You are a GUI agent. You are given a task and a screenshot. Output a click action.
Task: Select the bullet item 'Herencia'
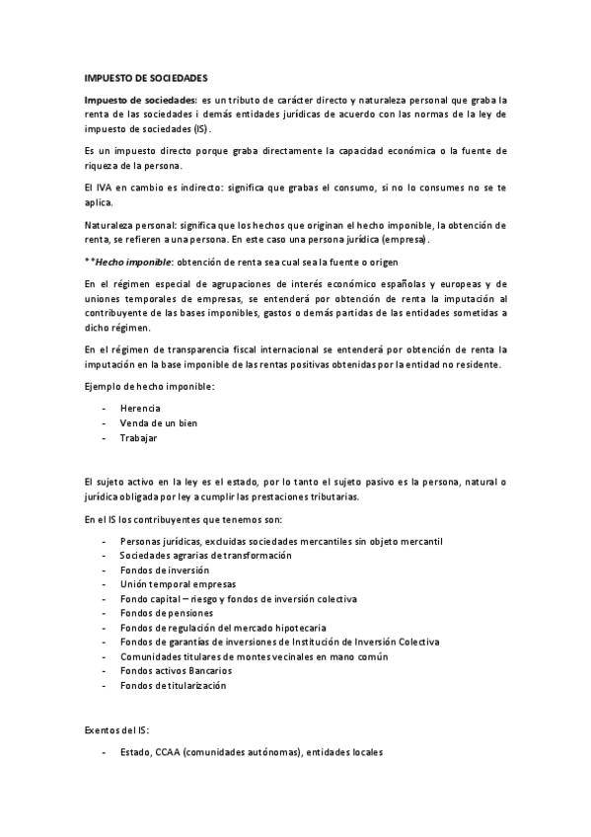140,408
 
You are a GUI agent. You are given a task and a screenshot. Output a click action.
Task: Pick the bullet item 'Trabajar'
138,437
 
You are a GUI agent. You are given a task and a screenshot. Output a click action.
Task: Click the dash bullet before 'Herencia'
104,408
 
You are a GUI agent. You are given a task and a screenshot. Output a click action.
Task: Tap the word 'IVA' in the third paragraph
103,188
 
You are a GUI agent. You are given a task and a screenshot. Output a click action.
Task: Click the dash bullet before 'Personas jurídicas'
104,541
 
